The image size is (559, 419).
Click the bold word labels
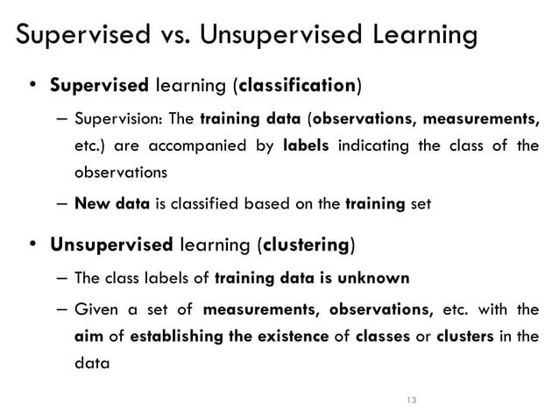[x=306, y=146]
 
